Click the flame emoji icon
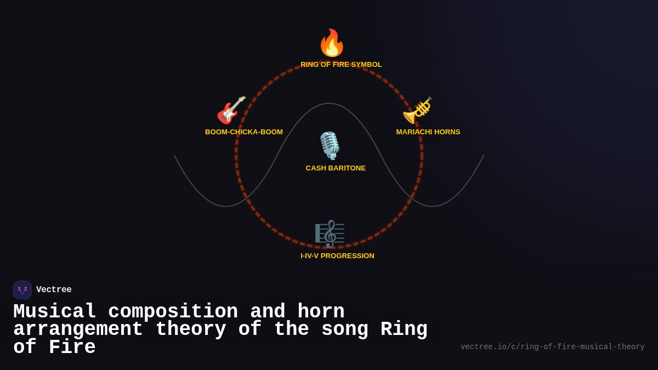[332, 43]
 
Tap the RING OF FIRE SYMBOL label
[341, 65]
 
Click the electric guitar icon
[231, 110]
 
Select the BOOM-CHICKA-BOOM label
[244, 132]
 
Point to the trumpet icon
[417, 110]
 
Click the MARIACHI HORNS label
[428, 132]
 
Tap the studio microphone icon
[330, 146]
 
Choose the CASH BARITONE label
[336, 168]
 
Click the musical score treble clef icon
[330, 234]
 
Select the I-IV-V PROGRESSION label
[337, 256]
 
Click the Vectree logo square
[22, 290]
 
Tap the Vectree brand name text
[54, 290]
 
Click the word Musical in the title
[55, 312]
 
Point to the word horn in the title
[321, 312]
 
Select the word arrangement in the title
[78, 329]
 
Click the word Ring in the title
[404, 329]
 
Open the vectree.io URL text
[552, 347]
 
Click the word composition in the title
[173, 312]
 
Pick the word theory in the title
[191, 329]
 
